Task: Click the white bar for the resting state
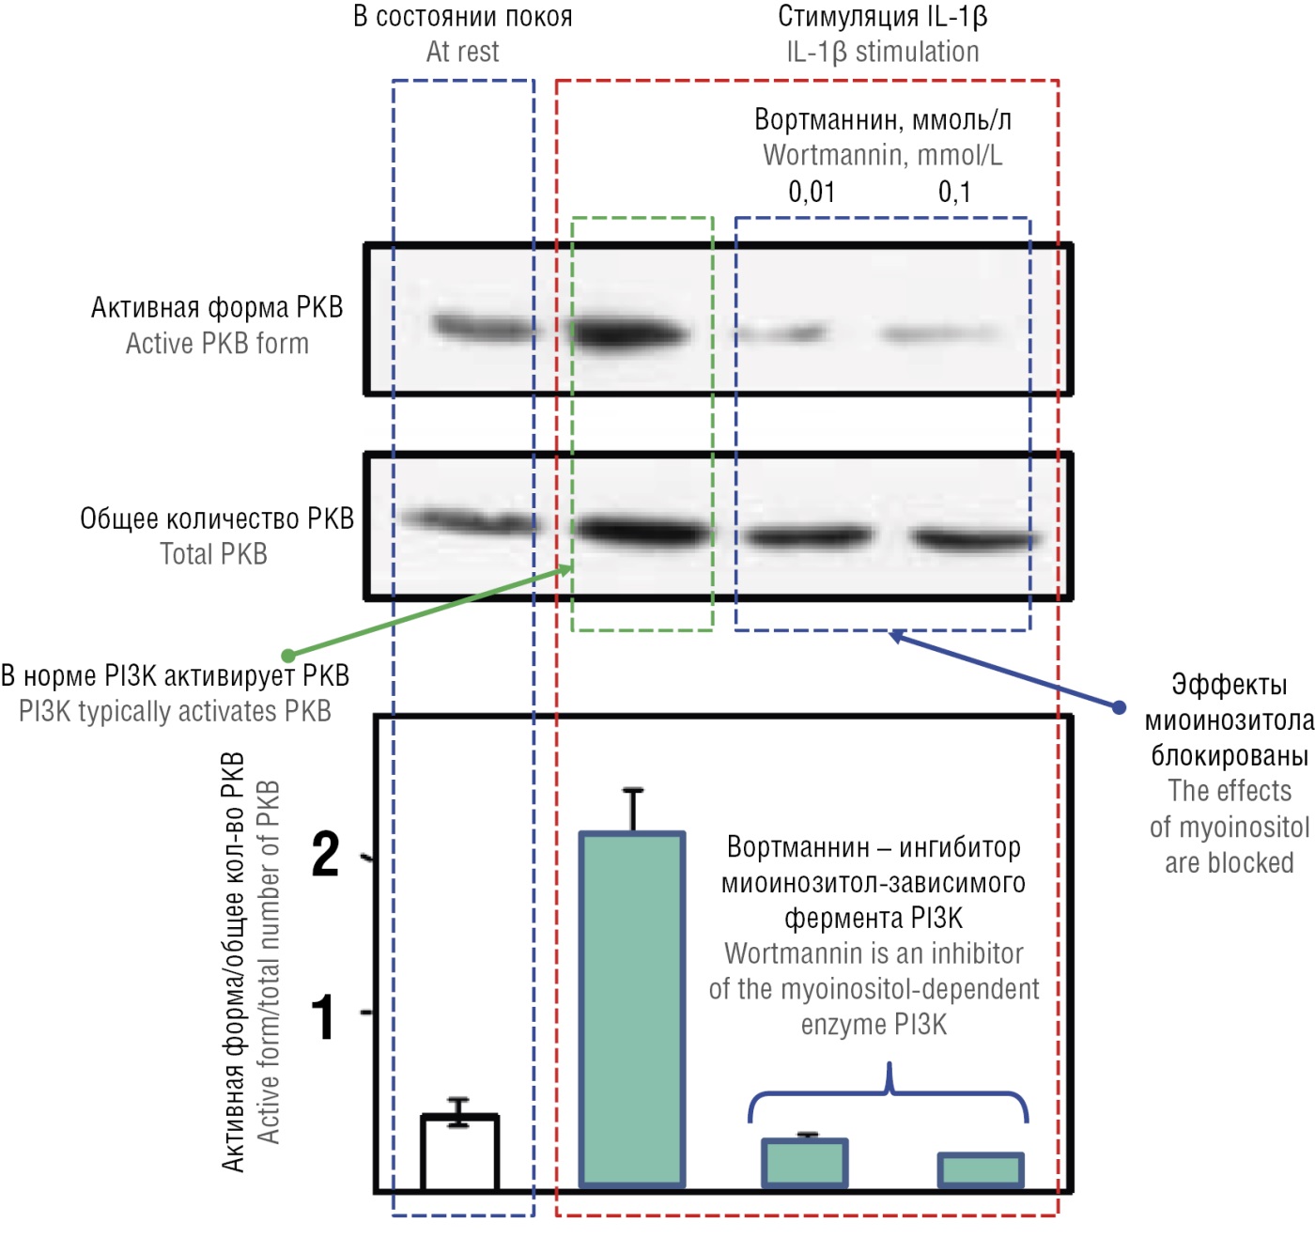pos(459,1153)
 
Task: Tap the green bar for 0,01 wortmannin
pos(805,1162)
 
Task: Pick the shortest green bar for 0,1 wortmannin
pos(981,1170)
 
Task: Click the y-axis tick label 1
pos(323,1017)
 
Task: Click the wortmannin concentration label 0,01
pos(812,192)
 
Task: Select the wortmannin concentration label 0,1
pos(954,192)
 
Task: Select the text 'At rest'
pos(462,52)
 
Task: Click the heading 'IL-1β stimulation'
pos(883,52)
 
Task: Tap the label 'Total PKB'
pos(213,554)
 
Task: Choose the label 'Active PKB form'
pos(217,344)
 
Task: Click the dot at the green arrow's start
pos(287,656)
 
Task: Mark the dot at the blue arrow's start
pos(1118,706)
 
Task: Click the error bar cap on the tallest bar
pos(633,790)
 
